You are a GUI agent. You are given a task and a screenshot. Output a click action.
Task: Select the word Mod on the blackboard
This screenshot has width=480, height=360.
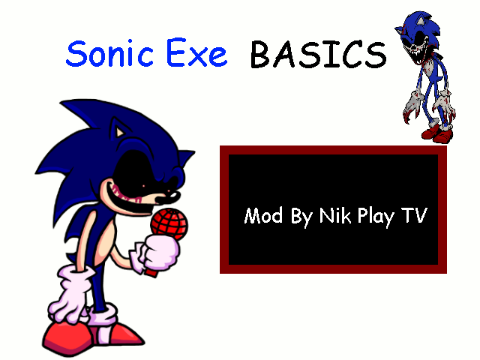click(262, 216)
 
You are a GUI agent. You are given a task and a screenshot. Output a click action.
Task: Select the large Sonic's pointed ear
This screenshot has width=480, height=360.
click(115, 132)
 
